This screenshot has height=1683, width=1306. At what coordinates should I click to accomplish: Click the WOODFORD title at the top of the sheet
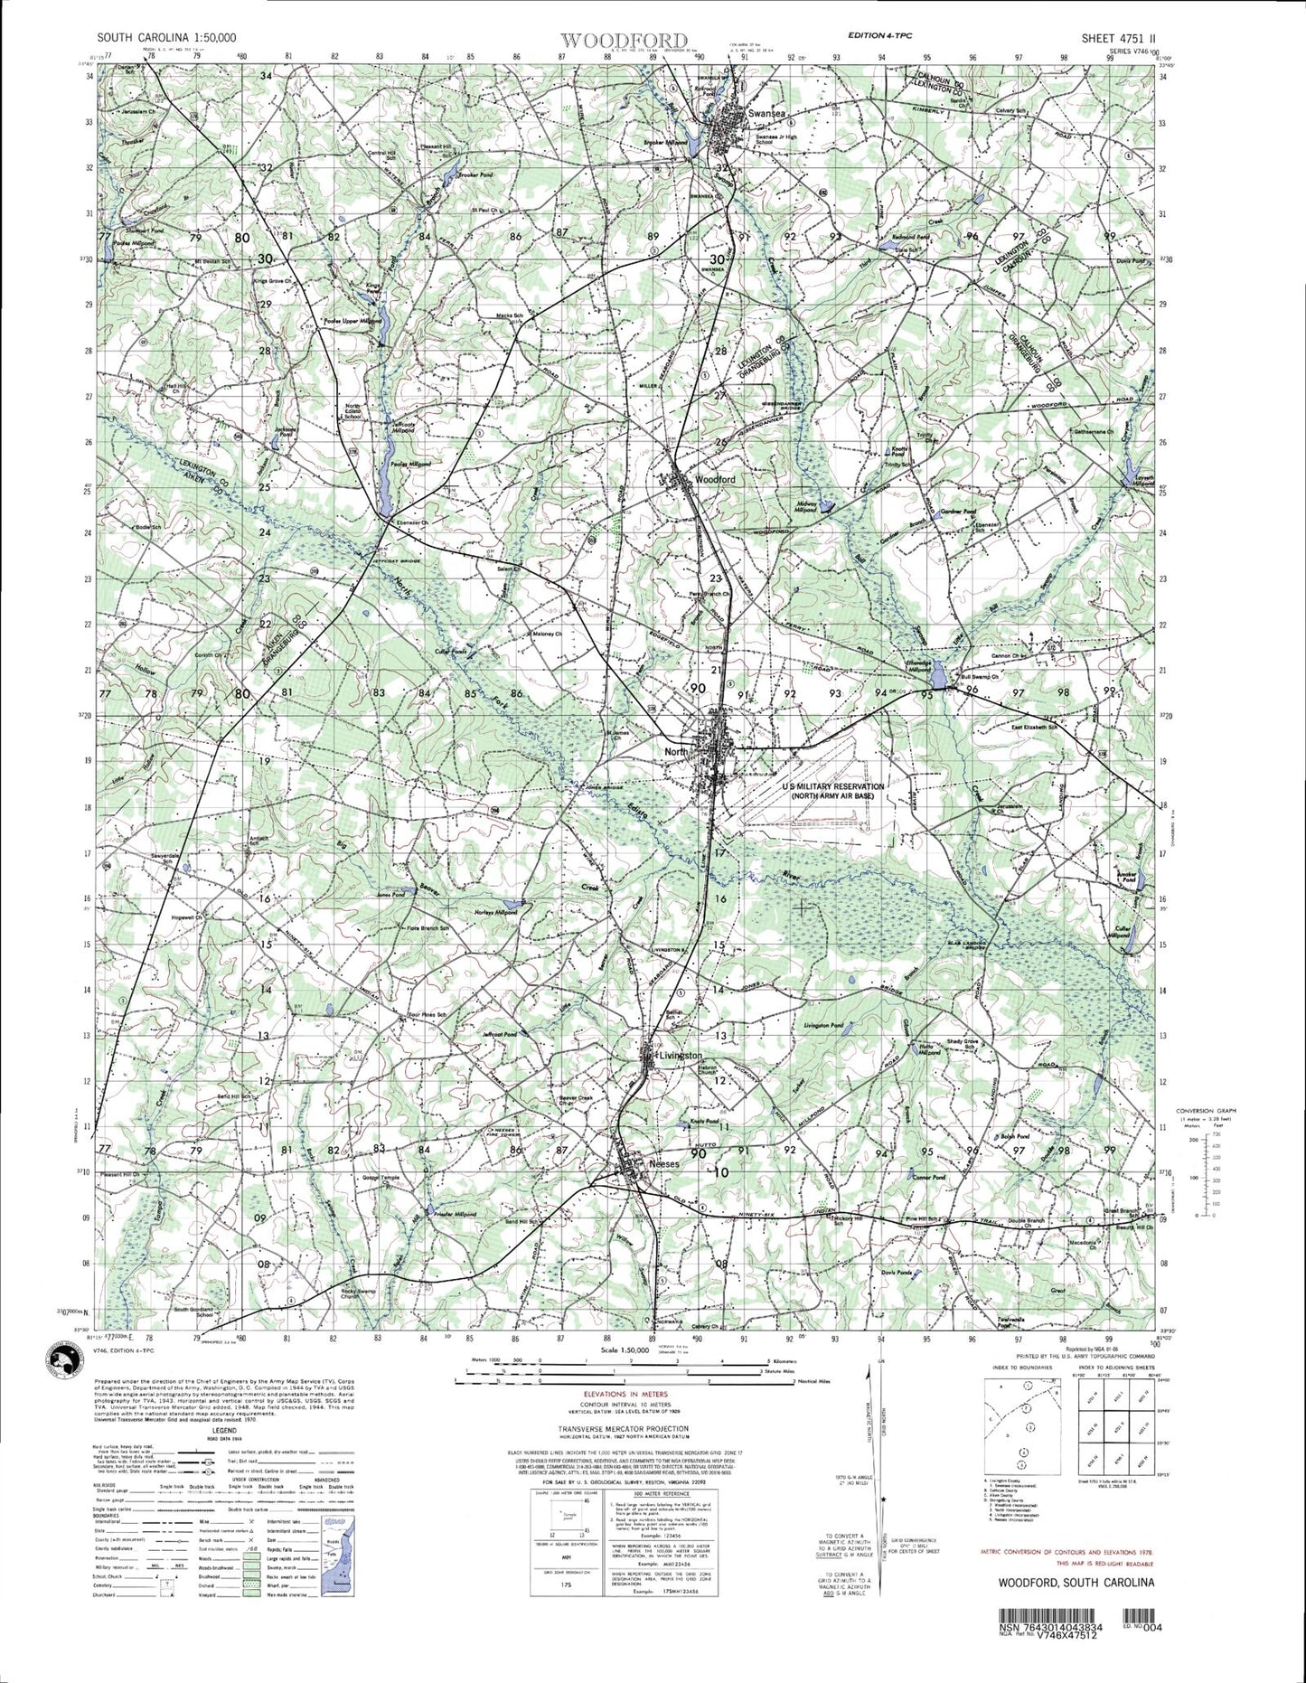pyautogui.click(x=624, y=40)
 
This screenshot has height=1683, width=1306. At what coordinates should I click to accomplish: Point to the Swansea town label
pyautogui.click(x=767, y=113)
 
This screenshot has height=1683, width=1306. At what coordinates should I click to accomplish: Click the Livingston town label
pyautogui.click(x=681, y=1056)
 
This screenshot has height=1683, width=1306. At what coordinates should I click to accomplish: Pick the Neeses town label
pyautogui.click(x=663, y=1164)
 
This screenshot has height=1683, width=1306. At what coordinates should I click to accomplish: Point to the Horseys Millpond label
pyautogui.click(x=495, y=913)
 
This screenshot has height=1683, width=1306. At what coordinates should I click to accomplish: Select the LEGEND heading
pyautogui.click(x=224, y=1456)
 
